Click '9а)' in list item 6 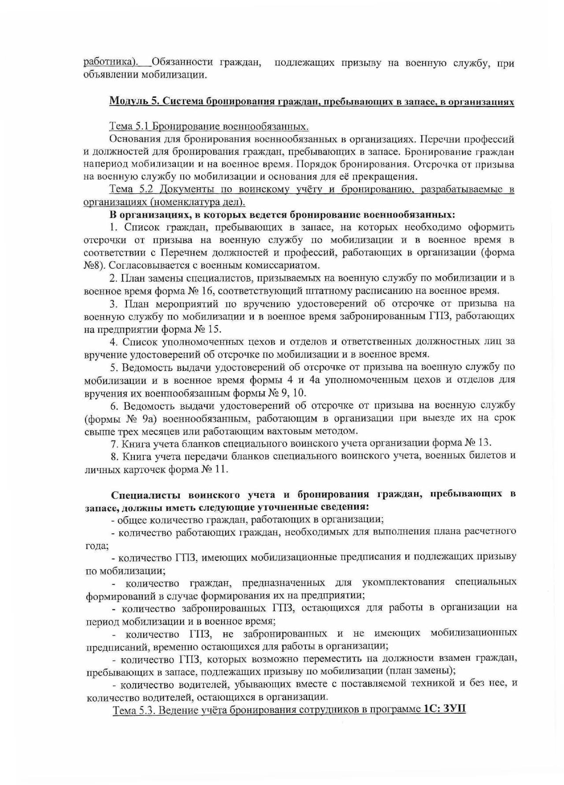(152, 418)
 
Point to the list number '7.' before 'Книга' (114, 443)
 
